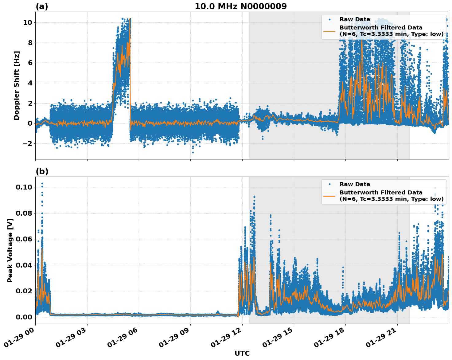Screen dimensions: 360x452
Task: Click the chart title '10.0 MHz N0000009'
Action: click(240, 6)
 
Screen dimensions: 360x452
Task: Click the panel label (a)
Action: click(42, 6)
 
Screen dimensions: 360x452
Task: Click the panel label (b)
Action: click(42, 171)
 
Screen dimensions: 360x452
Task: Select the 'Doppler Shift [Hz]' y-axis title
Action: click(17, 85)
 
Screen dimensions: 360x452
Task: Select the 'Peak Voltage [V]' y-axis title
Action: click(10, 250)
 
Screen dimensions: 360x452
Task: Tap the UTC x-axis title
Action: click(242, 353)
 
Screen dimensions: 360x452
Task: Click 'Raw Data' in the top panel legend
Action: click(355, 19)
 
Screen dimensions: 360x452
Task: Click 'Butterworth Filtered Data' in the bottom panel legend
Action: click(381, 193)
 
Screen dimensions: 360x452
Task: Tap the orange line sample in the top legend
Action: click(329, 31)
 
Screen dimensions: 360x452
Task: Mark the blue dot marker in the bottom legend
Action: click(329, 184)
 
